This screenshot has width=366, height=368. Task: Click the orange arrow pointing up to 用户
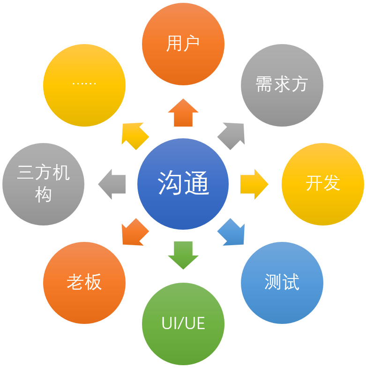point(183,113)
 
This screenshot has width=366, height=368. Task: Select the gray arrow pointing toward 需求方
point(232,136)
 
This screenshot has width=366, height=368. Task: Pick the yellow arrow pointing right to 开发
point(254,184)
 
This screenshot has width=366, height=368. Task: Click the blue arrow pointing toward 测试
point(232,232)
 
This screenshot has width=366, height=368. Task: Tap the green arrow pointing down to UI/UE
point(183,255)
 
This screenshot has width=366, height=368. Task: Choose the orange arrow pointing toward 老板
point(135,232)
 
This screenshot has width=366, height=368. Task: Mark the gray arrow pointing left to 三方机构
point(112,184)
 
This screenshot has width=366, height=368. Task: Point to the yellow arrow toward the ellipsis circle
point(135,136)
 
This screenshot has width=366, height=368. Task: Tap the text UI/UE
point(183,323)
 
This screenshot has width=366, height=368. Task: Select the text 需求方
point(282,84)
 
